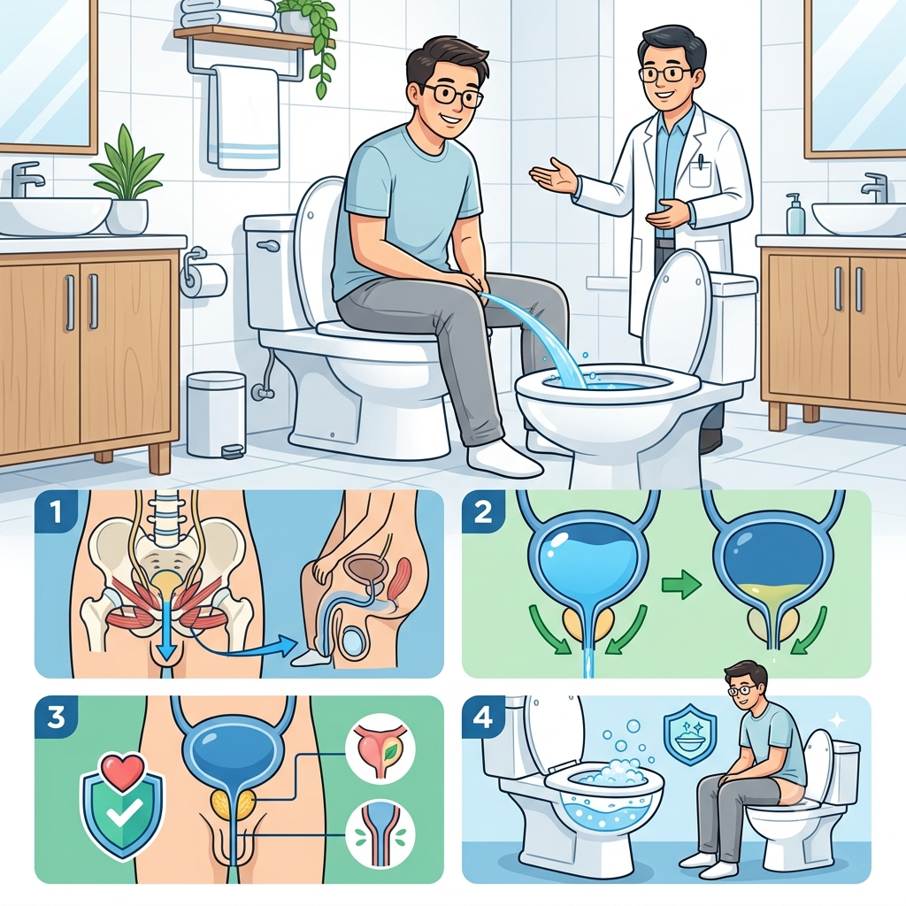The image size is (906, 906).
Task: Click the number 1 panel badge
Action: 56,512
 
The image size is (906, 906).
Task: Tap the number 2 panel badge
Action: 483,512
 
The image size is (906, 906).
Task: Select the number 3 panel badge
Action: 56,717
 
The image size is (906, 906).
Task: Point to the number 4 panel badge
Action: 483,717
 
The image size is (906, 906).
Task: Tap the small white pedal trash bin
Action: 217,414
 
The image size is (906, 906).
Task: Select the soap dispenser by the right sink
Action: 795,213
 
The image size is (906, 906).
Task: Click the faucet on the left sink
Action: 26,178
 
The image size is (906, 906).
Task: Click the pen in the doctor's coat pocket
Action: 701,162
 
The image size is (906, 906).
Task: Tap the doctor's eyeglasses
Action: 666,73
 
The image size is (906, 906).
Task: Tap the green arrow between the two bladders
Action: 681,585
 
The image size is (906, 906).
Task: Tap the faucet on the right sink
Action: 873,188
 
